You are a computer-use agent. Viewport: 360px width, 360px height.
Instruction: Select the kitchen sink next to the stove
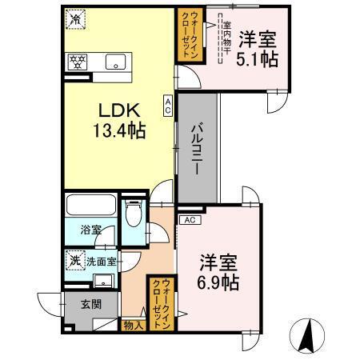click(x=113, y=60)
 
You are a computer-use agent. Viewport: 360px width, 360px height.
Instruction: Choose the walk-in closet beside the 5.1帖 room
click(x=189, y=35)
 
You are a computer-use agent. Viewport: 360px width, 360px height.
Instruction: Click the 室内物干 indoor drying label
click(x=226, y=35)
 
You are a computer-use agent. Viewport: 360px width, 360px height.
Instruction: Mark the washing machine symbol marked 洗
click(x=74, y=260)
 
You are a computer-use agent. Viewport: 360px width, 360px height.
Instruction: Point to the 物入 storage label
click(x=133, y=325)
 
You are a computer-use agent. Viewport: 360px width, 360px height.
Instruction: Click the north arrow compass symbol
click(x=307, y=334)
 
